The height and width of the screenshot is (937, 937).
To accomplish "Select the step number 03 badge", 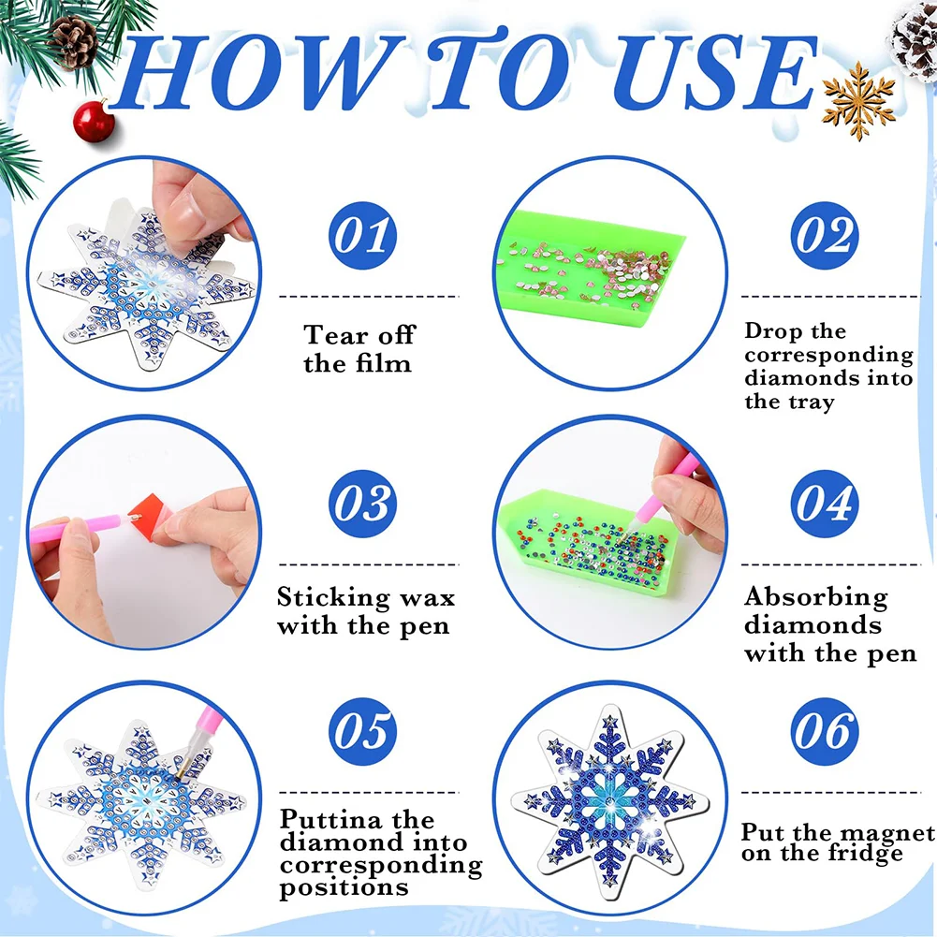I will [362, 505].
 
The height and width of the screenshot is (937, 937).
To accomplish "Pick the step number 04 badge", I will [825, 505].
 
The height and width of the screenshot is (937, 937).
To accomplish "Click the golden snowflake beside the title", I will [858, 99].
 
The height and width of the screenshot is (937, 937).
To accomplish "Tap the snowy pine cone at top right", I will [912, 39].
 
